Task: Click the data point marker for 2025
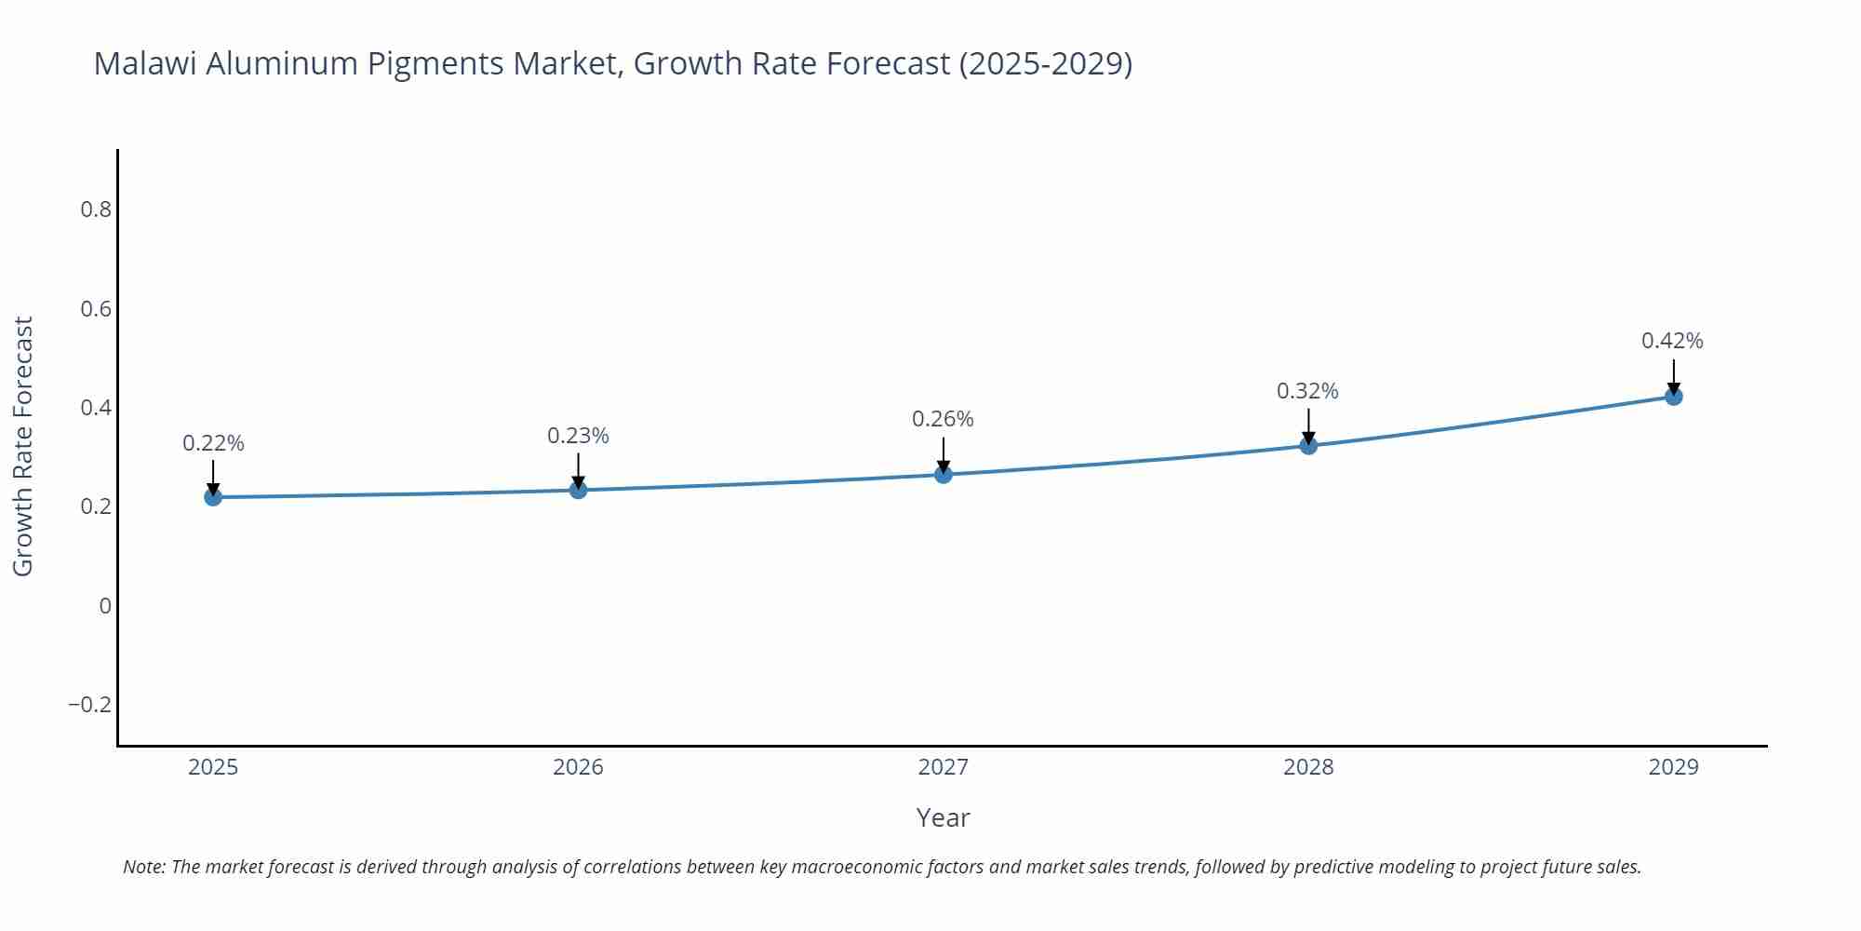(213, 497)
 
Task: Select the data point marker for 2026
(578, 490)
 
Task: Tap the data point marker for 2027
(944, 475)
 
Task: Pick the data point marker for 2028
(1308, 446)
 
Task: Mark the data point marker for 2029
(1673, 397)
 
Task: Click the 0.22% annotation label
(213, 443)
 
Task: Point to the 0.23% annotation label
(578, 436)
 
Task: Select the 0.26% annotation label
(943, 419)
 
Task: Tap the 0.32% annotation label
(1307, 391)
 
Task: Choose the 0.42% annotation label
(1672, 341)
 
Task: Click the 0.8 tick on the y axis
(96, 209)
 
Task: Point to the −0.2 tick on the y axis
(89, 705)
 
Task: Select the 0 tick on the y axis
(105, 606)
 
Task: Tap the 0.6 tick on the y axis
(96, 308)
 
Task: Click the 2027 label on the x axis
(943, 767)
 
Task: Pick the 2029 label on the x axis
(1673, 767)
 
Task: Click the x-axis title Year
(943, 817)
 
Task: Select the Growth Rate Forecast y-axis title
(23, 446)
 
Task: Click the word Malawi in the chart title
(144, 63)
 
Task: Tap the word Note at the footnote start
(143, 867)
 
